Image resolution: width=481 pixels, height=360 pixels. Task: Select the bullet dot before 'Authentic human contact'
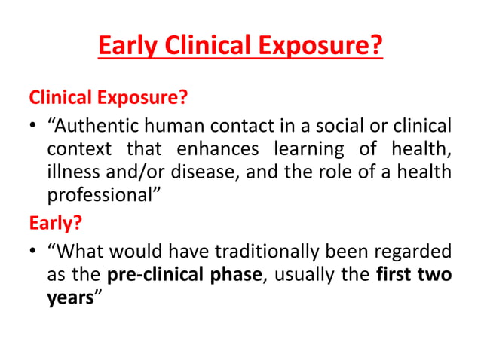(x=34, y=126)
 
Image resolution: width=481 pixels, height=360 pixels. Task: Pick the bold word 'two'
(x=435, y=274)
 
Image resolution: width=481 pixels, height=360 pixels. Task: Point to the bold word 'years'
(x=67, y=297)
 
